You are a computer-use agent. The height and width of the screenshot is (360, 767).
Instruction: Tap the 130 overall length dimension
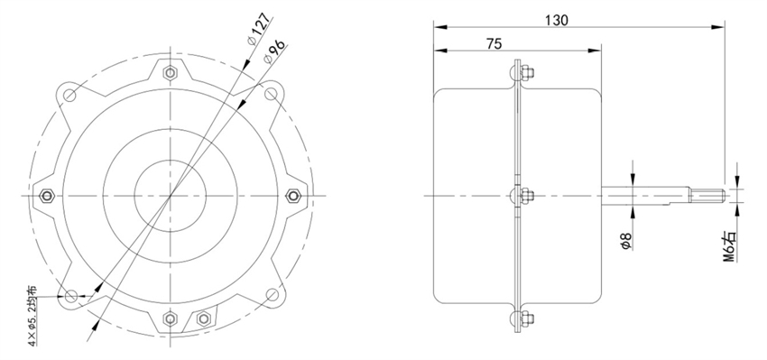click(556, 21)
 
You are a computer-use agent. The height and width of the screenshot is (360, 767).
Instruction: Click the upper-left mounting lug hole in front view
click(70, 93)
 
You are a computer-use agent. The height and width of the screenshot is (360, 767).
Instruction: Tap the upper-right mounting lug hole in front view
click(271, 93)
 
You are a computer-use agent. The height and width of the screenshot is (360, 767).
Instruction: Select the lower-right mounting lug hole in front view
click(271, 295)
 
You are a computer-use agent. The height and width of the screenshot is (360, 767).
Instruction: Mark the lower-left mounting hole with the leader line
click(70, 295)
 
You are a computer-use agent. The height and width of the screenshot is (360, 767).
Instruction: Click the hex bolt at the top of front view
click(171, 70)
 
